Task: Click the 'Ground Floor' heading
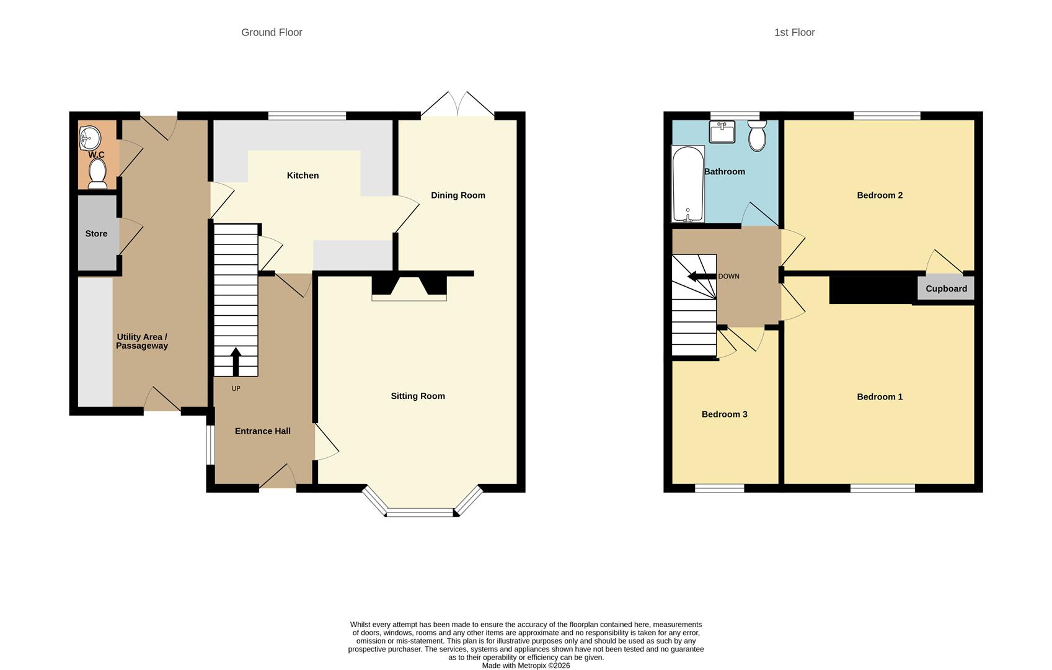272,32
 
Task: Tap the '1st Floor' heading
794,32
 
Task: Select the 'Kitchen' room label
303,176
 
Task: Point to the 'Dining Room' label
457,195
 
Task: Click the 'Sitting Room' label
417,396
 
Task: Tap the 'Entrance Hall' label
262,431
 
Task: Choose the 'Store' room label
96,234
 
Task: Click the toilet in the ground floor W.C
97,173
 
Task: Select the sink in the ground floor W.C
89,138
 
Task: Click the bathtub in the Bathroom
687,184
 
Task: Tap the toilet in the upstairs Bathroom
757,135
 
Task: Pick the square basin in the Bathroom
722,132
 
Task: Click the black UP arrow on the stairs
236,362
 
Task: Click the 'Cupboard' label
946,289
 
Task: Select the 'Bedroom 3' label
724,414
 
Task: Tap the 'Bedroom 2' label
879,195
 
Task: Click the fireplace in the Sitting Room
409,288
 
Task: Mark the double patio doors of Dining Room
457,105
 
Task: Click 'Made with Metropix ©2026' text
526,666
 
